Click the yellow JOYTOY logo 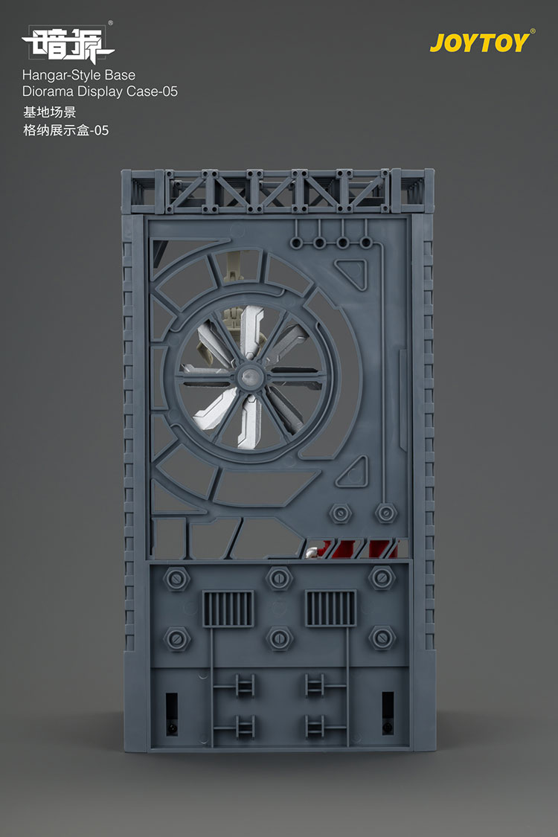click(x=481, y=42)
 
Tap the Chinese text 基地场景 click(x=49, y=112)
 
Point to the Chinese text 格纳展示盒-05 click(x=65, y=130)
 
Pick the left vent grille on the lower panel click(x=228, y=609)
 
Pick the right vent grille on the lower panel click(x=330, y=608)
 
